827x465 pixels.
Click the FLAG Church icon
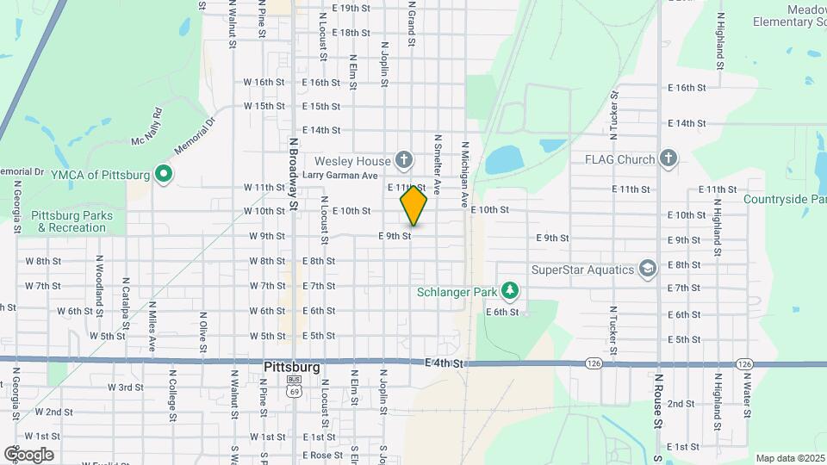tap(668, 158)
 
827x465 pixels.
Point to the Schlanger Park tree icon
tap(512, 291)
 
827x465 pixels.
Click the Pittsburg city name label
tap(291, 367)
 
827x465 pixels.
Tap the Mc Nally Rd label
tap(146, 127)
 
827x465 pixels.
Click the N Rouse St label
tap(657, 400)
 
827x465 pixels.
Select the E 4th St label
tap(445, 363)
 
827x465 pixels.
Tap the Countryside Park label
tap(783, 200)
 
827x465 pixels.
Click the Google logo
tap(28, 454)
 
